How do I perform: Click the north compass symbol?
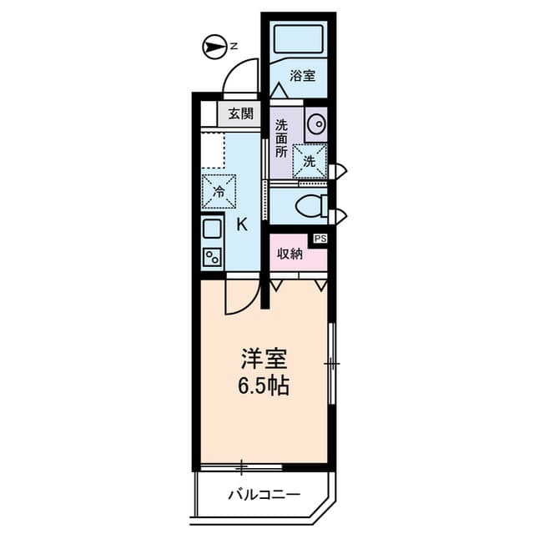coord(214,47)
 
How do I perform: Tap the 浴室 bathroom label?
coord(302,76)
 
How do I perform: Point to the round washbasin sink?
coord(317,123)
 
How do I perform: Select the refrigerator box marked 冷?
coord(219,191)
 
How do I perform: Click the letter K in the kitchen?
coord(242,224)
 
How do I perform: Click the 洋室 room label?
coord(264,360)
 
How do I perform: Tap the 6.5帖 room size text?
coord(264,387)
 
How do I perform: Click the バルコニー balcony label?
coord(264,495)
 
